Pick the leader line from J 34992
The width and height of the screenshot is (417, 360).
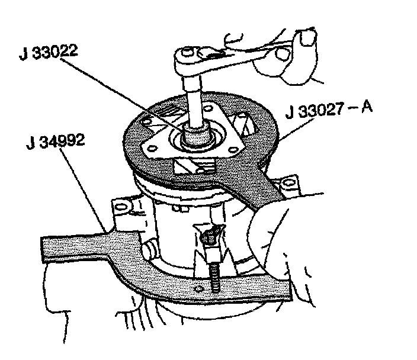89,189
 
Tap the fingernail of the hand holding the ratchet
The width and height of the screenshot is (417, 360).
306,39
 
